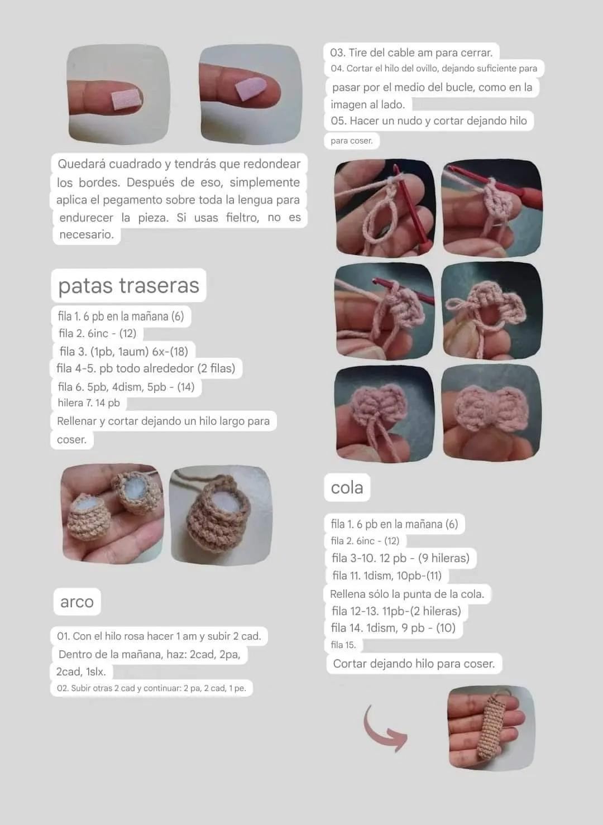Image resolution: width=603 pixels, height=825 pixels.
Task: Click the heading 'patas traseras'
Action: [128, 286]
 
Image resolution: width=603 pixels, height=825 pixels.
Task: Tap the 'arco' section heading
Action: [77, 602]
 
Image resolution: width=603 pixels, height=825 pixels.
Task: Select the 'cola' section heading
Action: [347, 487]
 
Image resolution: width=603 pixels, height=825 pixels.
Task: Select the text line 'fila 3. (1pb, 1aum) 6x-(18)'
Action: [124, 351]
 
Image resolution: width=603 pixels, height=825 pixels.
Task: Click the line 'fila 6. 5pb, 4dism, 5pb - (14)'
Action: [126, 387]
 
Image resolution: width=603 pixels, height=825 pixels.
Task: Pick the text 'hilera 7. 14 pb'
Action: [89, 403]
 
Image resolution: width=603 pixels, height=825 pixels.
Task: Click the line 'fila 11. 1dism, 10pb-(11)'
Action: [387, 575]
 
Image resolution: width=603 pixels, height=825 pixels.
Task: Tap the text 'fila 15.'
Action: [343, 645]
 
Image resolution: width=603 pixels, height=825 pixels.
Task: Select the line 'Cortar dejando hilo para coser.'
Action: [414, 664]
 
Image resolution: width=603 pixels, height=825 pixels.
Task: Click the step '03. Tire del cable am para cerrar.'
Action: [411, 53]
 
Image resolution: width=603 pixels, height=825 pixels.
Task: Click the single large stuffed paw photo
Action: [221, 515]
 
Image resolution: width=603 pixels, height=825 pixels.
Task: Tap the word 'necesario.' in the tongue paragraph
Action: [87, 234]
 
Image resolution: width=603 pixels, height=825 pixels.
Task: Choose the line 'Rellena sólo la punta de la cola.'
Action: [407, 594]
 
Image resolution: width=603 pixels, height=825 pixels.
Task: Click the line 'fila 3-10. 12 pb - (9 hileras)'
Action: [400, 558]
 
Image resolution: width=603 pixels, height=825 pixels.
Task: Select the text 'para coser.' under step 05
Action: [351, 141]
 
